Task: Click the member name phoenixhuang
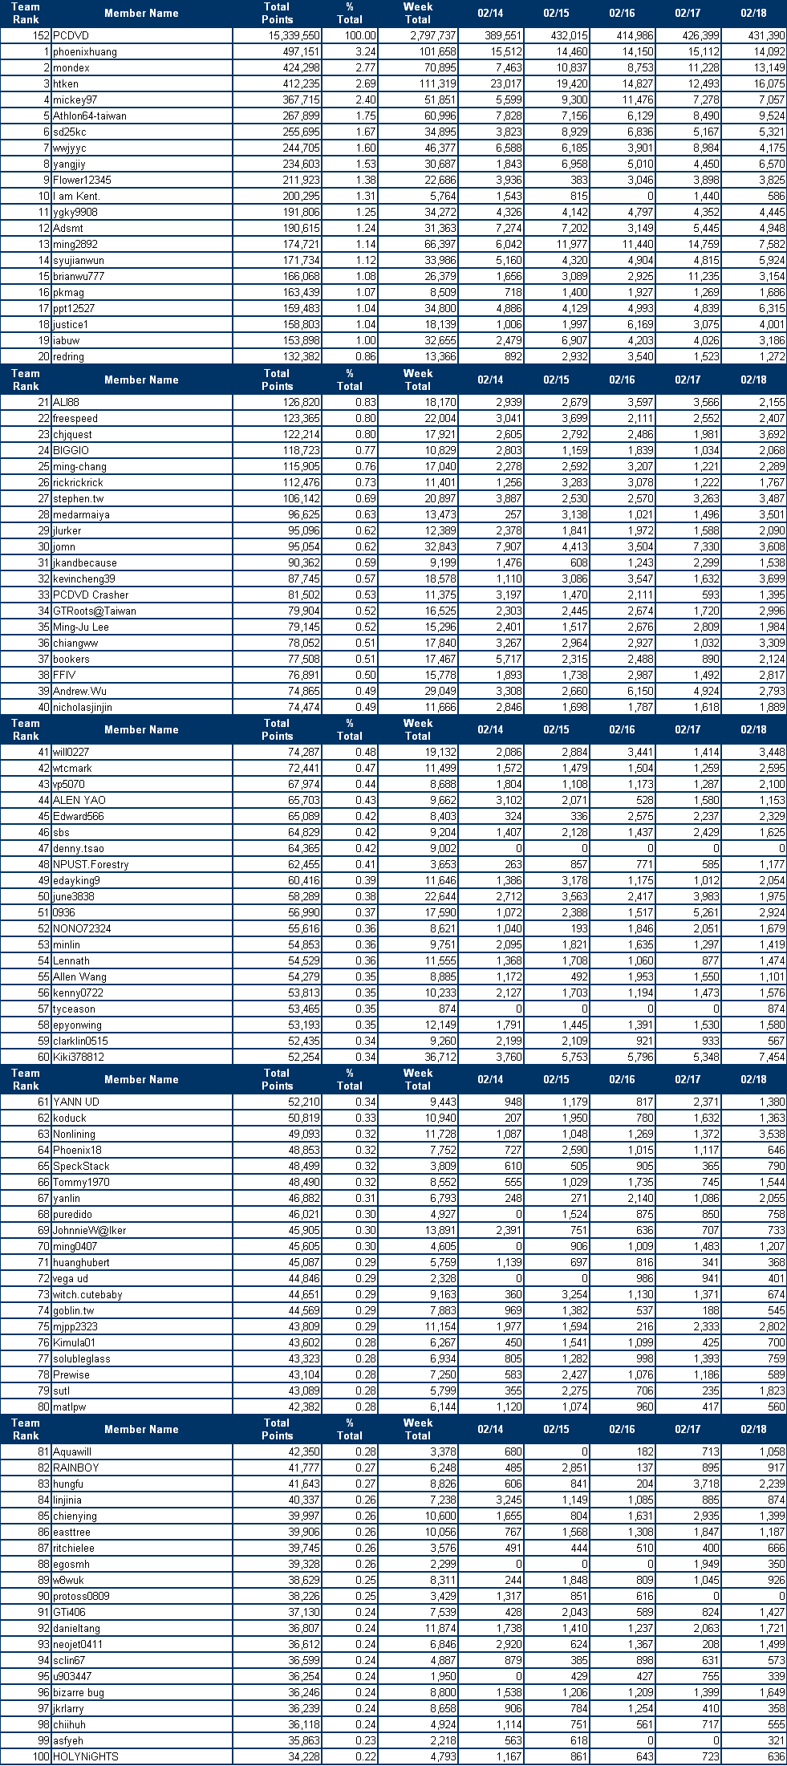85,52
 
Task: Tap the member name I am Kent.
76,197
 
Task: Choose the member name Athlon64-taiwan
90,116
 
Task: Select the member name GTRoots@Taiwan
95,611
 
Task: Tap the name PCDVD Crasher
91,595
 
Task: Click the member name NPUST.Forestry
91,865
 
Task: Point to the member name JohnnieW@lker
90,1231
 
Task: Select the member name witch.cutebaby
88,1295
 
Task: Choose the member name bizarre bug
79,1693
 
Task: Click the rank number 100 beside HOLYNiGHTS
41,1757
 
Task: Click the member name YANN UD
76,1102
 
